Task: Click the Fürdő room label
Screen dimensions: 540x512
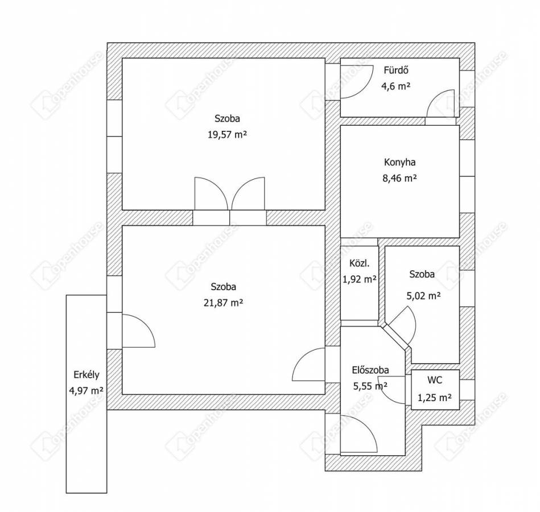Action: coord(397,70)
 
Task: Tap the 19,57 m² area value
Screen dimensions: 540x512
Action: coord(227,134)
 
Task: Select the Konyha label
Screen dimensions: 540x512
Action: coord(400,162)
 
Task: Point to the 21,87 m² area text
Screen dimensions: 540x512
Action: coord(224,303)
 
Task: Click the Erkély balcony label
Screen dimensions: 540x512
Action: coord(86,375)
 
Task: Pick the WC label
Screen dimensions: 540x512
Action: coord(435,380)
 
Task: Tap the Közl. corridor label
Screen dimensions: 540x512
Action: coord(359,264)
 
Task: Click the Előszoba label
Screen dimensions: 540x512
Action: coord(370,370)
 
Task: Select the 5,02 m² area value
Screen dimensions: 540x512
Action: coord(423,295)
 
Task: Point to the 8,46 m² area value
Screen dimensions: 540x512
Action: coord(400,178)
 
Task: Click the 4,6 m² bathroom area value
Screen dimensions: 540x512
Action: coord(395,86)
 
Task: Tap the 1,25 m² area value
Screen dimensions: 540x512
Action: coord(435,398)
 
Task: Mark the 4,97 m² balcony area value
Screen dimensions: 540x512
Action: coord(86,390)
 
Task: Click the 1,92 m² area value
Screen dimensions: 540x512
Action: coord(359,279)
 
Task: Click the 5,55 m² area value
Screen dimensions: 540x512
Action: coord(370,386)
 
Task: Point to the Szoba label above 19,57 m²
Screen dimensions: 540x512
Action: coord(227,118)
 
